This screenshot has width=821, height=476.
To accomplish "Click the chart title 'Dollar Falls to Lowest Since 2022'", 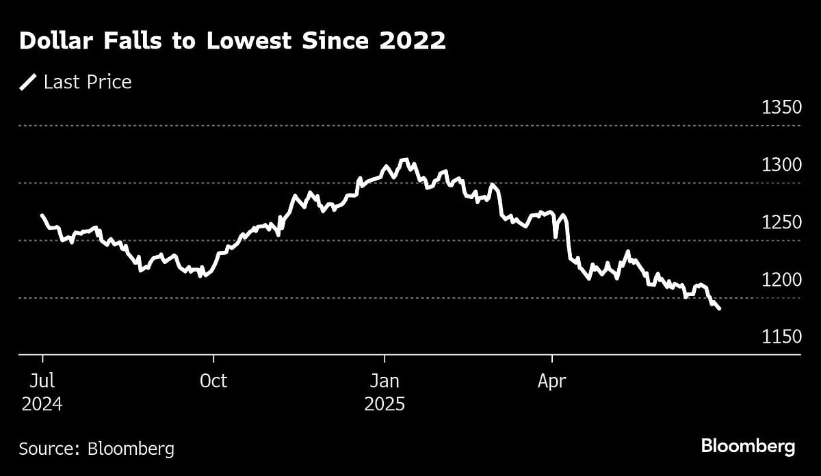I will pos(233,42).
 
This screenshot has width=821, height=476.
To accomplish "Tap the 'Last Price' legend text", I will pos(88,83).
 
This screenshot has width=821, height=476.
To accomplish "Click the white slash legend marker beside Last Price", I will pos(28,83).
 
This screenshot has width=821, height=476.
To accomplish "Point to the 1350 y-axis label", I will pos(781,108).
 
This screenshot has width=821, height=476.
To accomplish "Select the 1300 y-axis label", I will pos(781,166).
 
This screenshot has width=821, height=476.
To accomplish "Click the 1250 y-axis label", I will pos(781,223).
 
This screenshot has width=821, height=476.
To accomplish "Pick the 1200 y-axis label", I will pos(781,280).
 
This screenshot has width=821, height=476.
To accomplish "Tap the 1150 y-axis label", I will pos(781,337).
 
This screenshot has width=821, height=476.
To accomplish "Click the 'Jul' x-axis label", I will pos(42,382).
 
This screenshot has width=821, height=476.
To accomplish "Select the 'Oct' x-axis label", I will pos(213,382).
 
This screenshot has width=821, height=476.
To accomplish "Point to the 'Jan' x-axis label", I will pos(385,382).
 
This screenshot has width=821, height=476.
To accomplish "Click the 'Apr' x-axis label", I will pos(551,382).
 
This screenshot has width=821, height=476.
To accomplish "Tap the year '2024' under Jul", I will pos(42,404).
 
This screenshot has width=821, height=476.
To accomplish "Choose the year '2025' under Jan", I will pos(385,404).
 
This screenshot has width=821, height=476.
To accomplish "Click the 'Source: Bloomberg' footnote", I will pos(96,449).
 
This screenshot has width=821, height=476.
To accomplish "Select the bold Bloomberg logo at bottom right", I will pos(748,447).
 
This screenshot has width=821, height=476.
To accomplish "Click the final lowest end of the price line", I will pos(719,309).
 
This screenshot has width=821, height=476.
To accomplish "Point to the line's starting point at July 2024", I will pos(42,215).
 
